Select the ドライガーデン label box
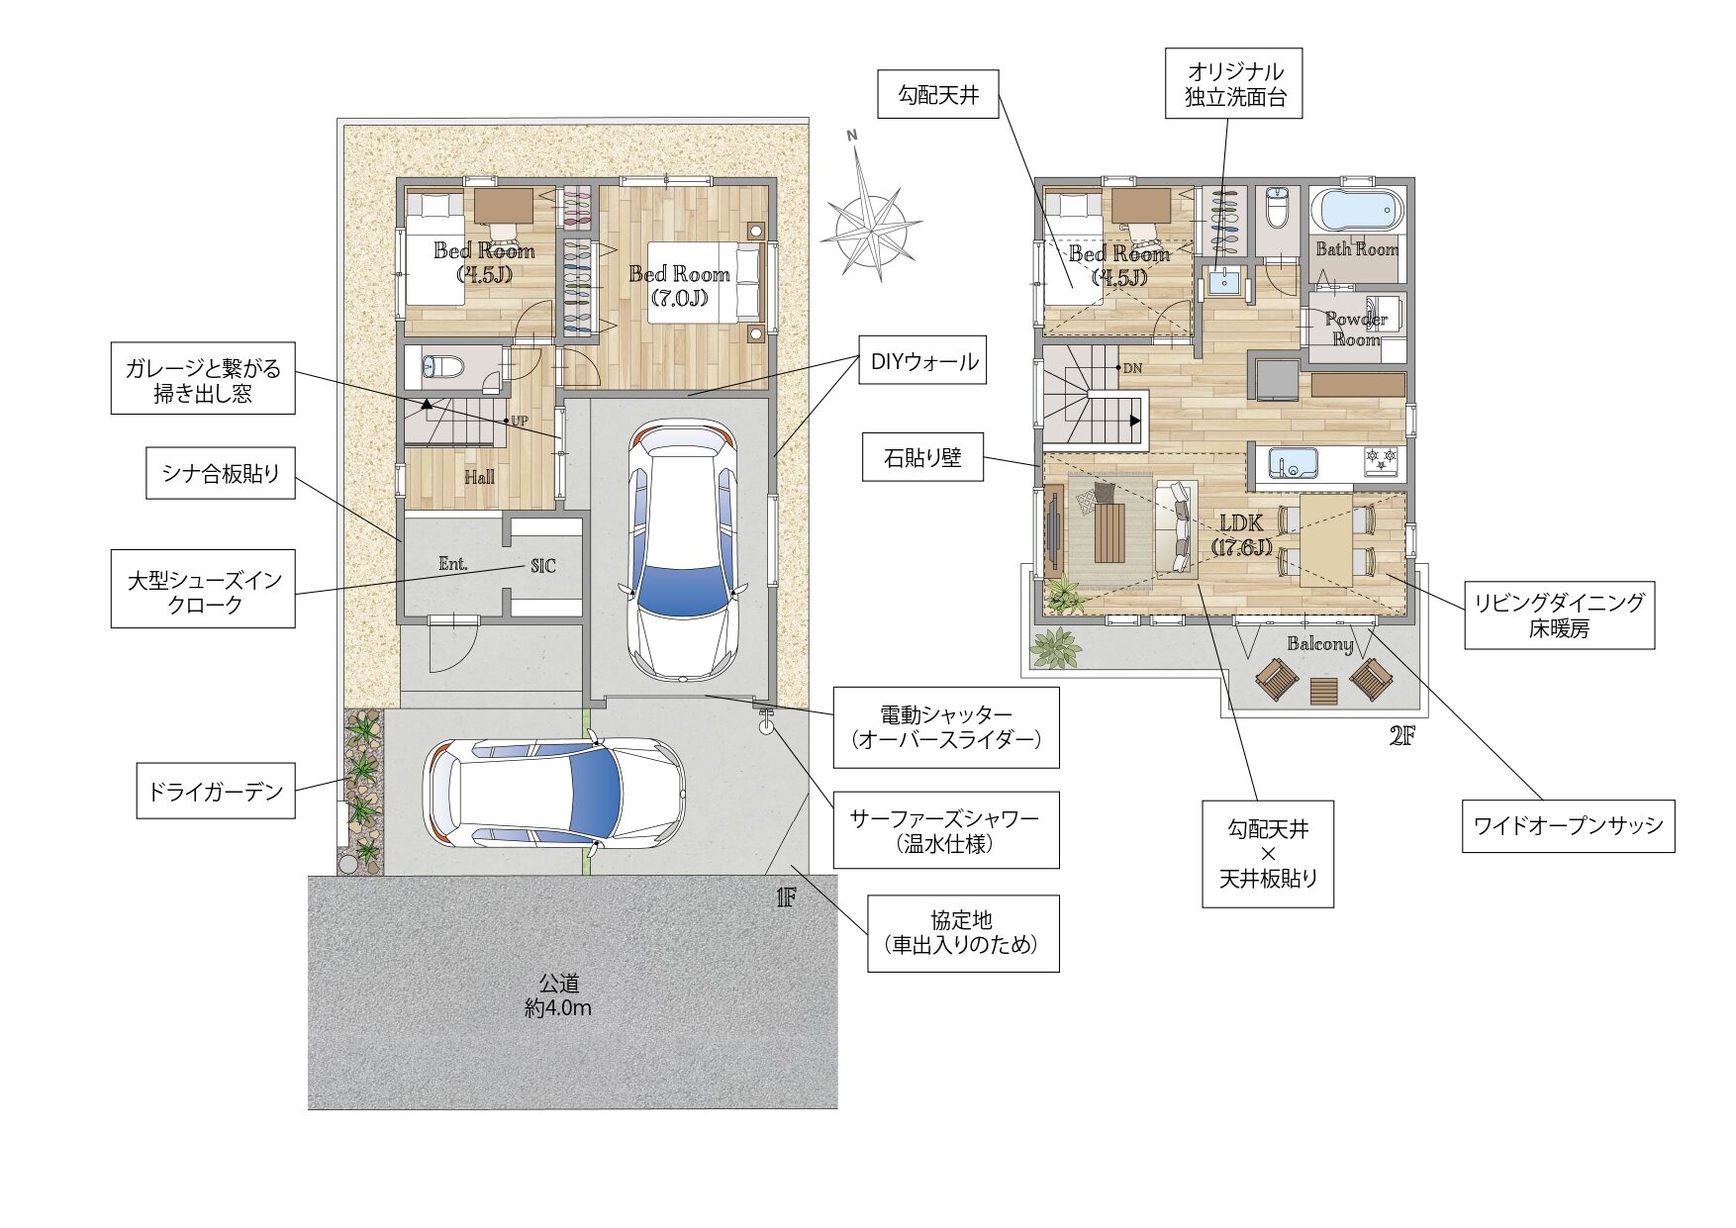coord(216,792)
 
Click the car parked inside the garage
coord(683,549)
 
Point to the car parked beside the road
coord(555,793)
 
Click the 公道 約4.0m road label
coord(558,995)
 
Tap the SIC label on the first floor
coord(543,566)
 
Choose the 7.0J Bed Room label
coord(680,285)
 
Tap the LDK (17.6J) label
coord(1241,534)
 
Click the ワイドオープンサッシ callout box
coord(1568,826)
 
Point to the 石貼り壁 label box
coord(922,457)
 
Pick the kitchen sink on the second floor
coord(1292,463)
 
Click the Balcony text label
coord(1320,644)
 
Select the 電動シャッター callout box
coord(946,727)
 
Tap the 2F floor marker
coord(1401,736)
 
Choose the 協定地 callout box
coord(963,933)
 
